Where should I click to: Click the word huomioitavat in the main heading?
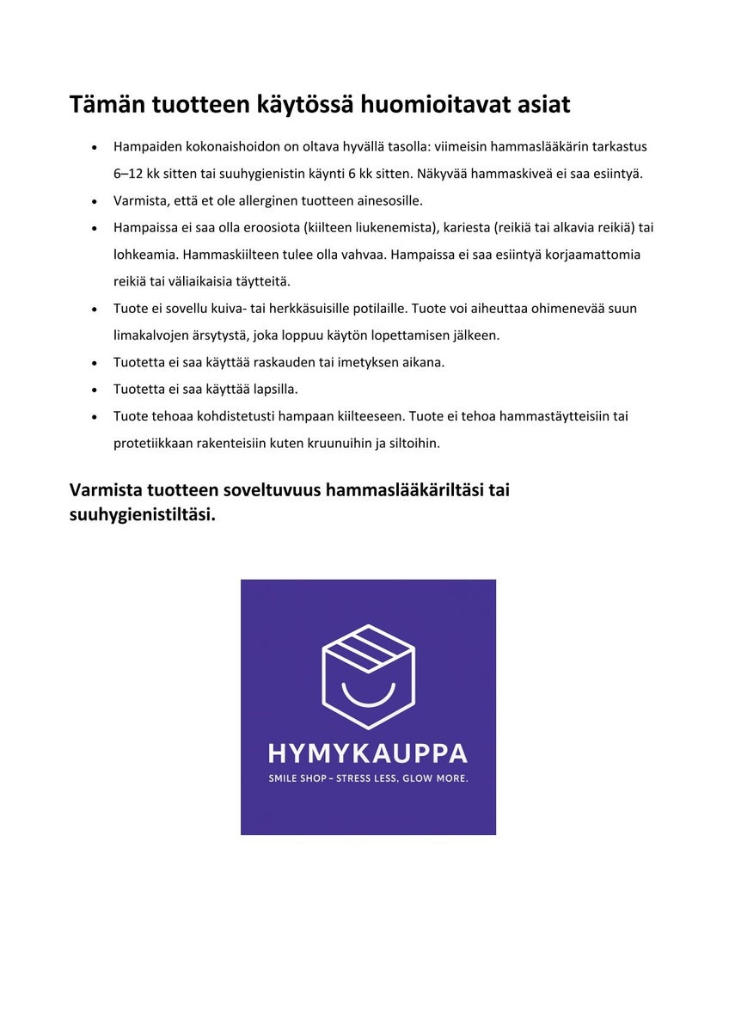point(431,104)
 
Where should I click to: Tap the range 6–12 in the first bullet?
point(128,174)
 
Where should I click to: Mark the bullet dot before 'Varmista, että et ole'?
point(95,201)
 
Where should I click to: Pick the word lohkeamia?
point(145,255)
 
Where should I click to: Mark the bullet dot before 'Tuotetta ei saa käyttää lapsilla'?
point(95,390)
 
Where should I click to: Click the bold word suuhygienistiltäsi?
point(142,514)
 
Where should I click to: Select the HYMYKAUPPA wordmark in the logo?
point(368,753)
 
